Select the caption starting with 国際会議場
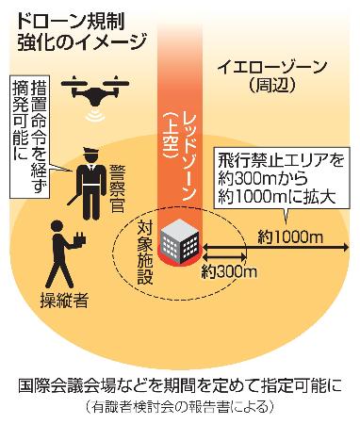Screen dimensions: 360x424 (180, 385)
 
